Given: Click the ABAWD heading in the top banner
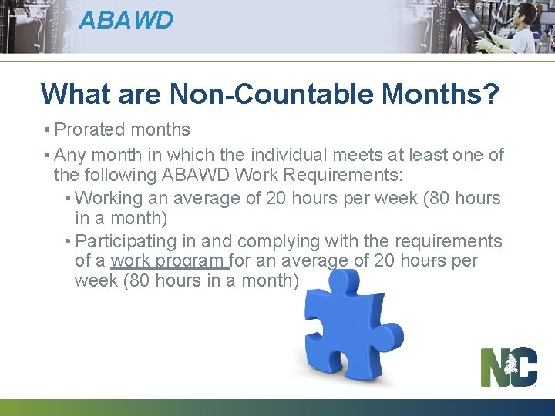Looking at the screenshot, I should point(126,19).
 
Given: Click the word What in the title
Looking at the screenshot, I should point(74,94).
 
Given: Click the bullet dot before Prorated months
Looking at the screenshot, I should point(48,130).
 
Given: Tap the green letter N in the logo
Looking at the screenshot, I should point(494,368).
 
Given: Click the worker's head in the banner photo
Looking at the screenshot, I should point(526,14).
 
